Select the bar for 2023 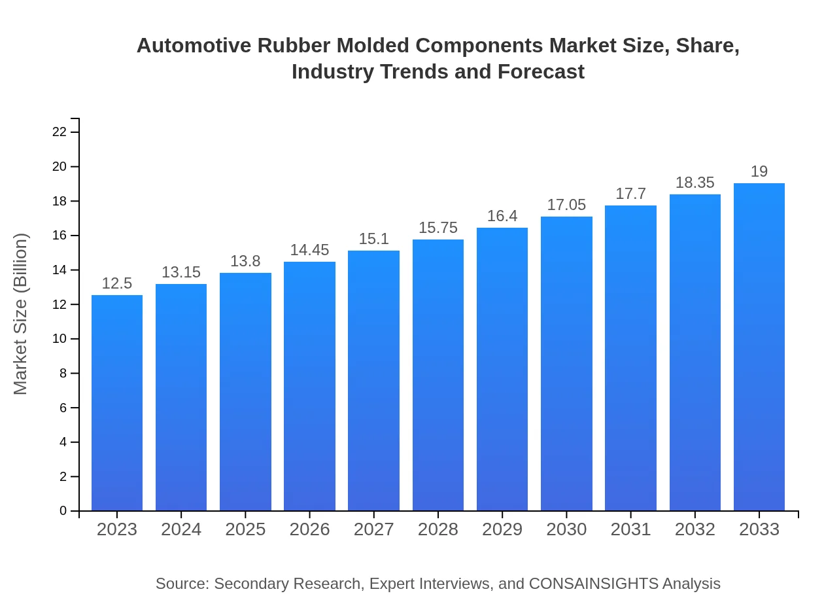point(117,402)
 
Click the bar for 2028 point(438,375)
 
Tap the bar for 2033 point(759,347)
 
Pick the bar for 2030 point(566,364)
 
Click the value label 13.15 point(181,272)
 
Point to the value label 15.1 point(373,239)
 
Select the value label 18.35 point(695,183)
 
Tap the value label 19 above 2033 point(759,171)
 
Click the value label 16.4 point(502,216)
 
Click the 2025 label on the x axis point(245,529)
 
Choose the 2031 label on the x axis point(630,529)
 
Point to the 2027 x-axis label point(373,529)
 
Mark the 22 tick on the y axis point(60,132)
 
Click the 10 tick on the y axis point(60,339)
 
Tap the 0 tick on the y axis point(63,511)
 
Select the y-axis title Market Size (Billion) point(21,314)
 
